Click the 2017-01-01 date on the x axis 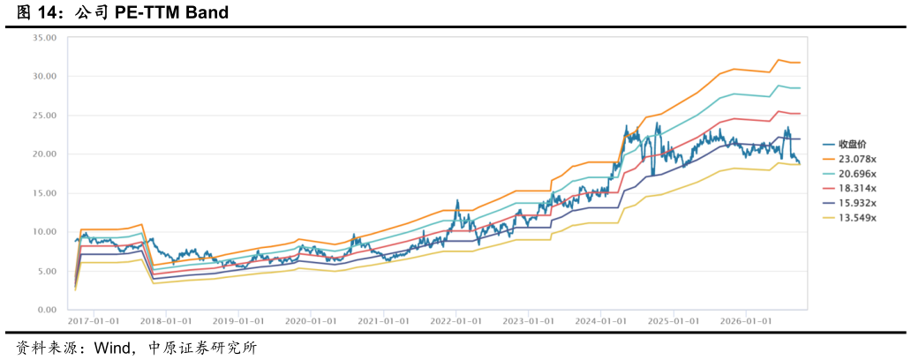[x=94, y=320]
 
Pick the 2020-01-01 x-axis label [x=312, y=320]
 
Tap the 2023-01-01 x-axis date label [x=529, y=320]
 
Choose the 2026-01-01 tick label [x=746, y=320]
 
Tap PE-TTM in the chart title [x=147, y=12]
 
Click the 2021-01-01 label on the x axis [x=384, y=320]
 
